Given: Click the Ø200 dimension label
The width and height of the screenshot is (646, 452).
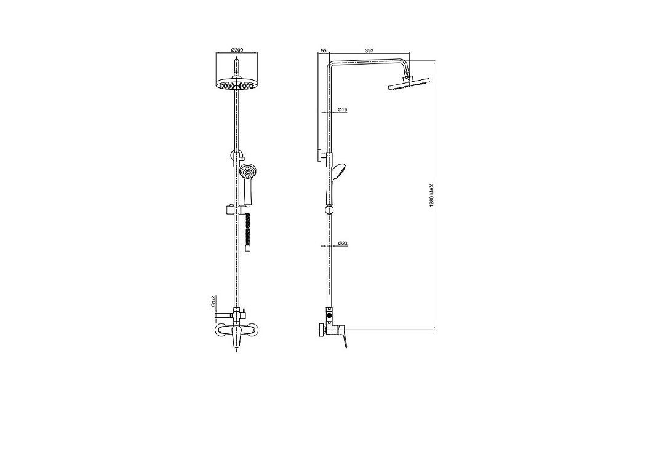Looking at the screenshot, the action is (237, 50).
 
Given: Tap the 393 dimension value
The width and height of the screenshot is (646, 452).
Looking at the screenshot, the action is (369, 50).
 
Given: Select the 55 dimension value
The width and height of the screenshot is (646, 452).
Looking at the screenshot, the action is (324, 50).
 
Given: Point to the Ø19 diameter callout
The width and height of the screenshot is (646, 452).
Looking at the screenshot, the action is (342, 109).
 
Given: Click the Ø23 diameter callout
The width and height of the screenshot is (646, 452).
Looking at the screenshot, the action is (343, 244).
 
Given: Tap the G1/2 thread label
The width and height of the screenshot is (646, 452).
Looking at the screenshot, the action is (213, 301).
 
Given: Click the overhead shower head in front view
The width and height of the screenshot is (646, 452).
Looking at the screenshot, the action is (236, 84).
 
